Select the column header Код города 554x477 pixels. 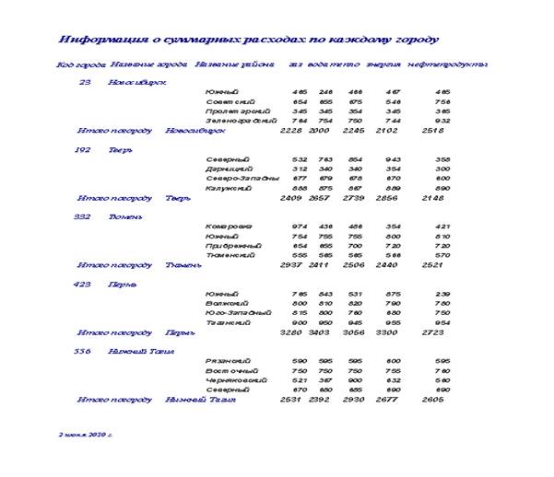pos(80,65)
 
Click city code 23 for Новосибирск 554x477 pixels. pos(85,82)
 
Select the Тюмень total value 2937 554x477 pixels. pos(290,265)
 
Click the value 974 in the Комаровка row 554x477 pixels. pos(300,227)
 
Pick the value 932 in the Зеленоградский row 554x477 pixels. pos(442,121)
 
